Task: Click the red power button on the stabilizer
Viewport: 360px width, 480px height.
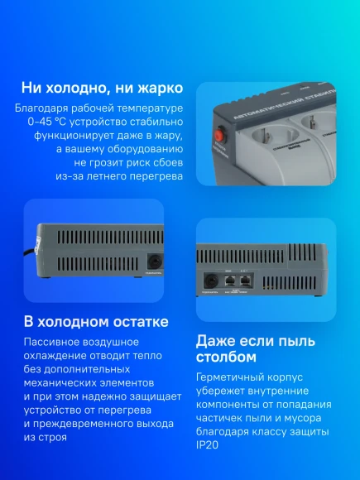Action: pos(221,132)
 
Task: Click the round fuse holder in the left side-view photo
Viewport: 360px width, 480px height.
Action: pos(153,258)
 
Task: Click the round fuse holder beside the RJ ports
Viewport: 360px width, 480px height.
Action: pos(211,281)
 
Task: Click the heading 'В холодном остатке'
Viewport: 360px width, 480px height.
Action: pos(96,321)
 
